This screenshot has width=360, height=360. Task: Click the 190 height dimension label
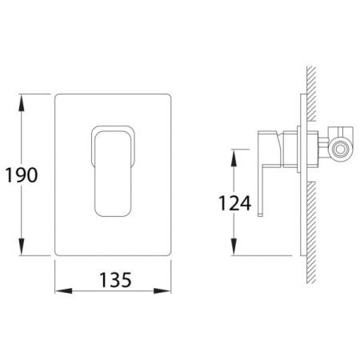pyautogui.click(x=22, y=175)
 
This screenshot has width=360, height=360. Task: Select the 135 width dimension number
pyautogui.click(x=115, y=280)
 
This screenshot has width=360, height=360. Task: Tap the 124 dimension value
pyautogui.click(x=234, y=203)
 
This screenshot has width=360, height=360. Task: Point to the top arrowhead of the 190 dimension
pyautogui.click(x=22, y=103)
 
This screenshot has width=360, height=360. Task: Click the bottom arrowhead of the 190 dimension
pyautogui.click(x=22, y=246)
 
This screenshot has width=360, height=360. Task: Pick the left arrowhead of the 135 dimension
pyautogui.click(x=63, y=290)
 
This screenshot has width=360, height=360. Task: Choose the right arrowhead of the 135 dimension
pyautogui.click(x=162, y=290)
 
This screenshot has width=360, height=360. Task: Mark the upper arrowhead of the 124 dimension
pyautogui.click(x=234, y=158)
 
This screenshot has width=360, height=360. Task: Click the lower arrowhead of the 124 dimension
pyautogui.click(x=234, y=246)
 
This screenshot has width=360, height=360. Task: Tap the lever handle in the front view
pyautogui.click(x=113, y=174)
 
